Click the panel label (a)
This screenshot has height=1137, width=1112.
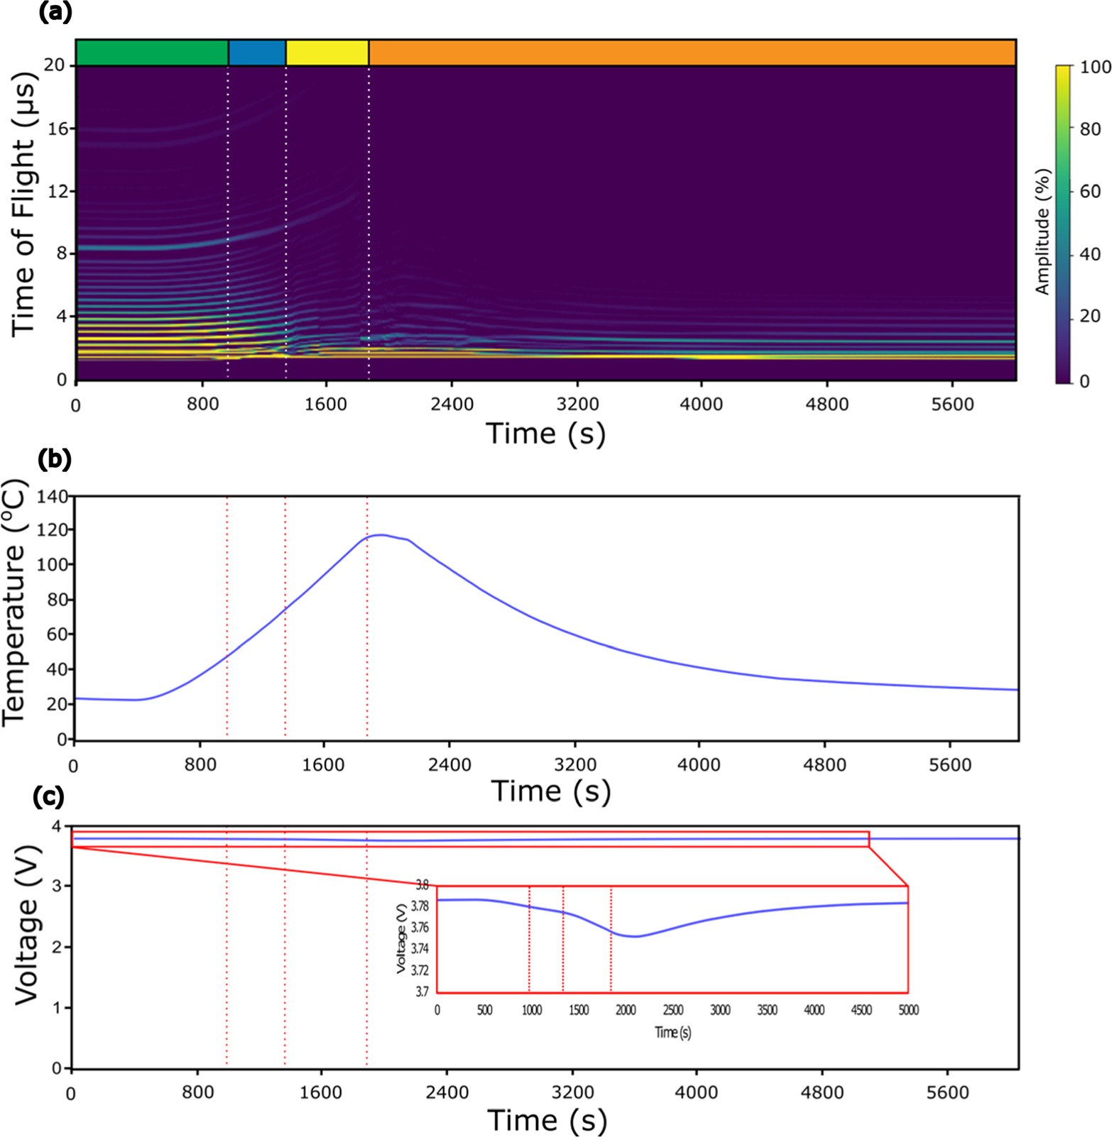tap(55, 13)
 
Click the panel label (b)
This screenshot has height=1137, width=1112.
tap(55, 459)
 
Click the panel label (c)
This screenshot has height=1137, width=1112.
tap(49, 796)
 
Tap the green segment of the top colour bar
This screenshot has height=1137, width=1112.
tap(152, 53)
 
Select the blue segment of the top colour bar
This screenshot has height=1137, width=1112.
tap(257, 53)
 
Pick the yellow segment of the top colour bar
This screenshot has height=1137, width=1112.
tap(327, 53)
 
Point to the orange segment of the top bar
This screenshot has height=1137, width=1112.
tap(692, 53)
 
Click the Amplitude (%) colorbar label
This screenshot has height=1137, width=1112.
tap(1042, 231)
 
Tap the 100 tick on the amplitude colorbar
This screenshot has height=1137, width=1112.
tap(1095, 67)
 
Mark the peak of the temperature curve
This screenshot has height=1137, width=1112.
tap(382, 534)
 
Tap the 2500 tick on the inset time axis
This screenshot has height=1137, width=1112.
tap(673, 1010)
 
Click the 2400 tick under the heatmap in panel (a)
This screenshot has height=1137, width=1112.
tap(452, 405)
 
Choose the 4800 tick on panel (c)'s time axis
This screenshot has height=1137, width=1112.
tap(822, 1093)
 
